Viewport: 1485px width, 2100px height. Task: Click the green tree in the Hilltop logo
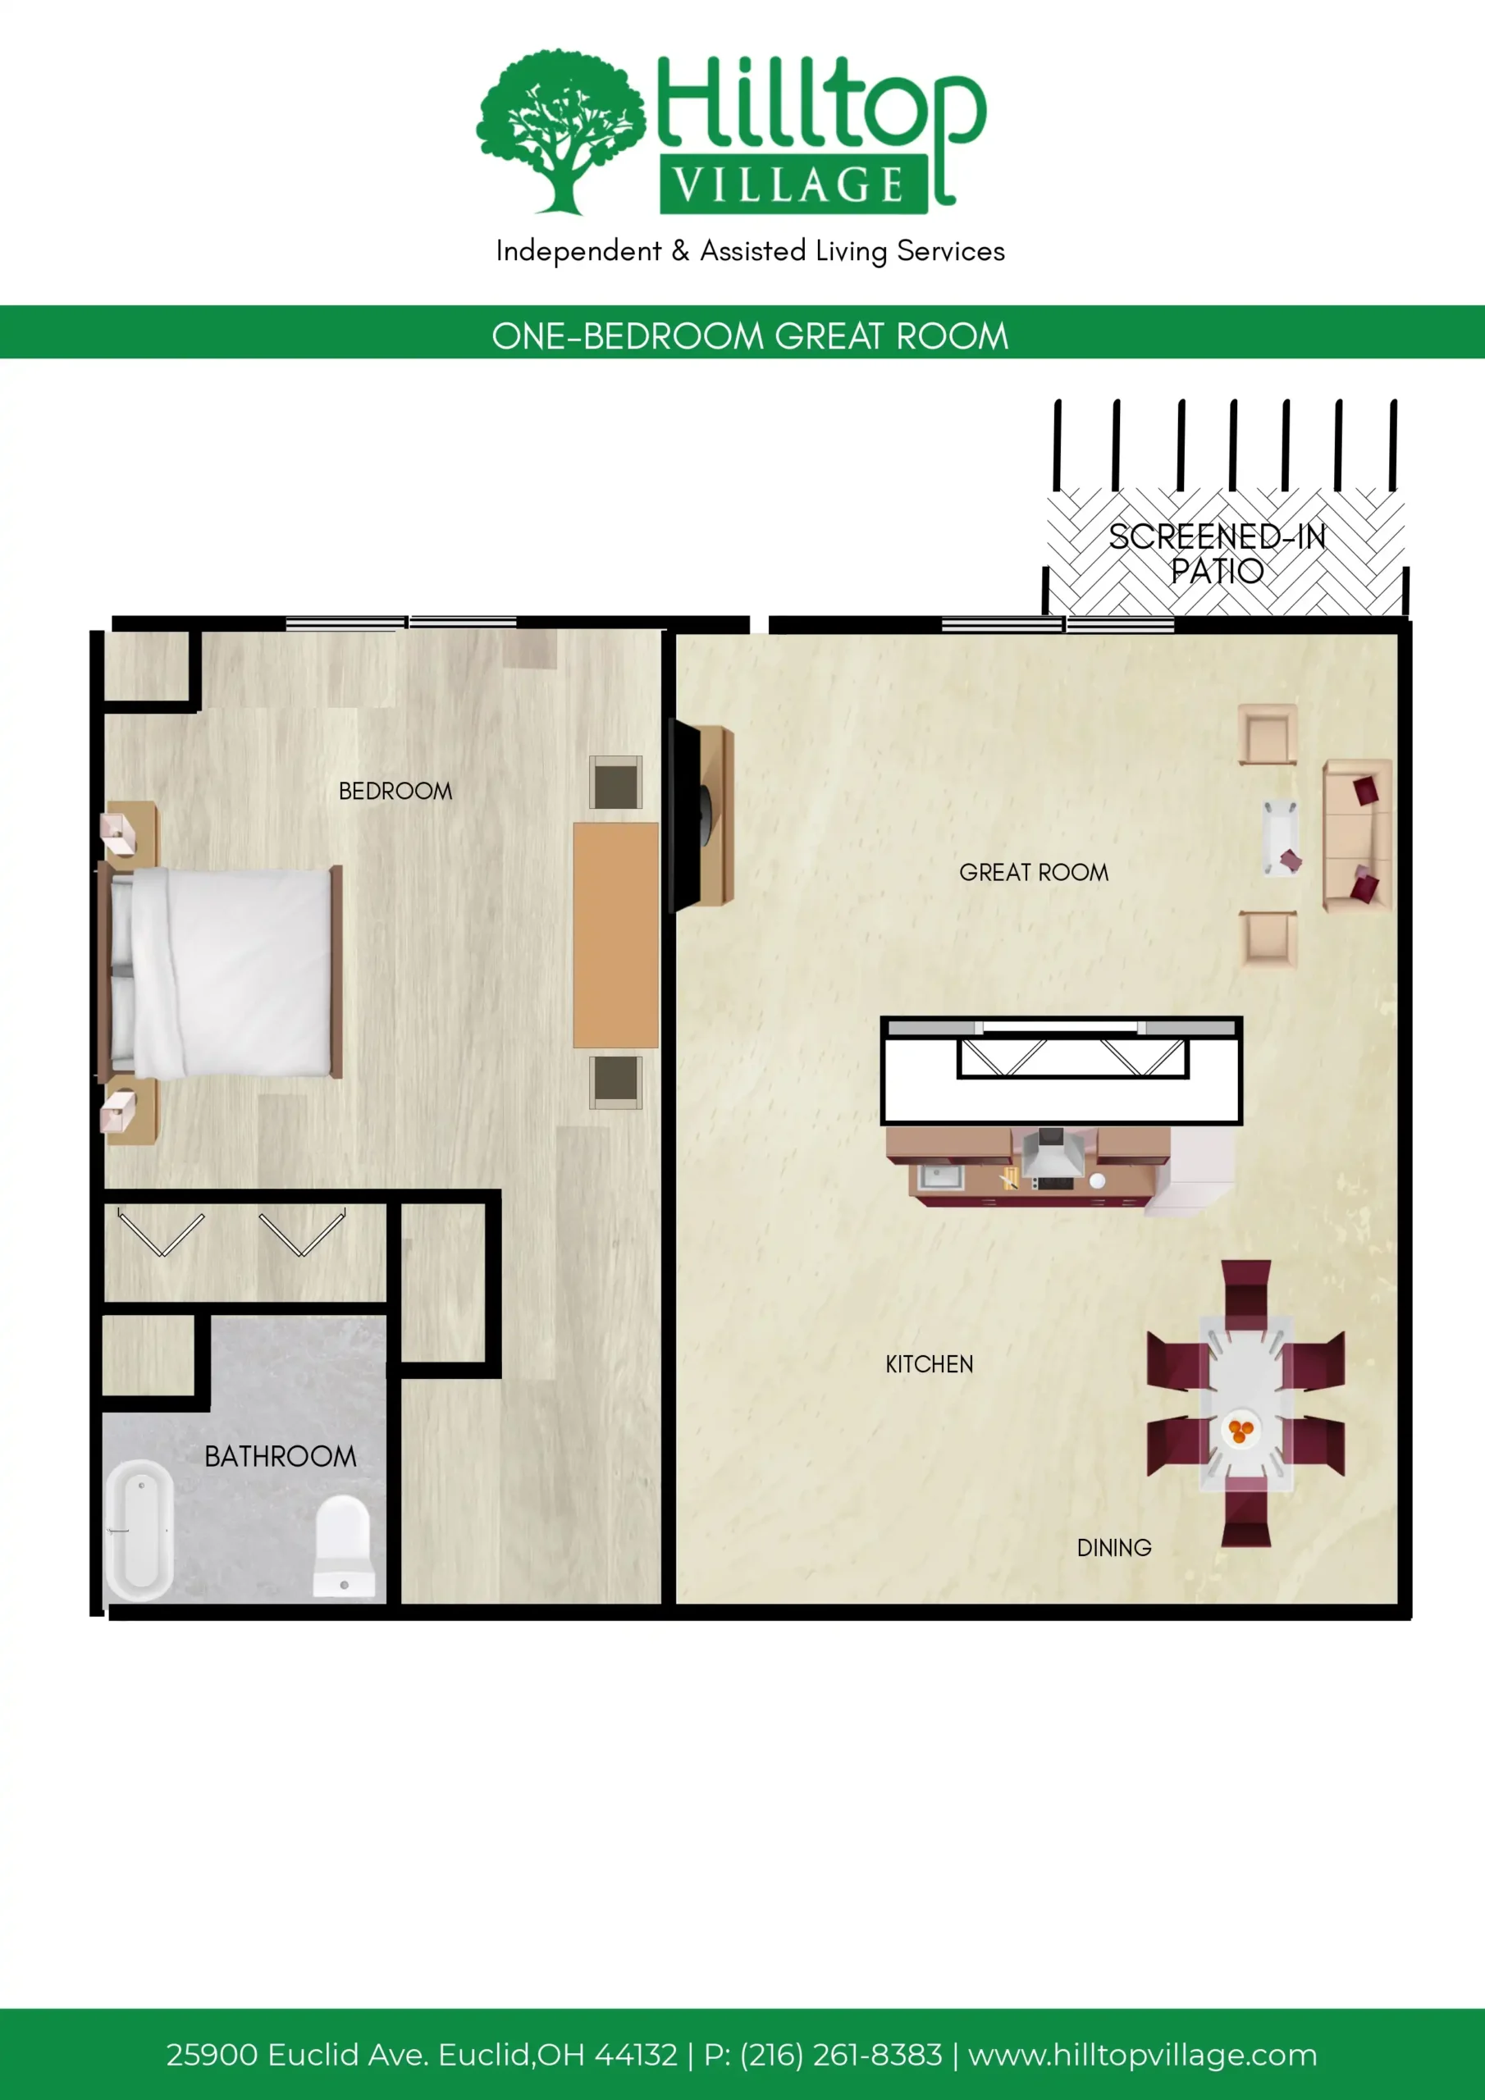(x=561, y=130)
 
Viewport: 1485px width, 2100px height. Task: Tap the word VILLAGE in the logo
(x=788, y=185)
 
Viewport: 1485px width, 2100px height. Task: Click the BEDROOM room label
(x=395, y=791)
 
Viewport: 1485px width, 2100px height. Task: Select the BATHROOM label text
(x=280, y=1456)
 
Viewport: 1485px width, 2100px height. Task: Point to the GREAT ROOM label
(x=1034, y=873)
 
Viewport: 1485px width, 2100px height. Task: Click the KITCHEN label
(x=930, y=1363)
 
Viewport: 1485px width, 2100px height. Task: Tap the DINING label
(x=1114, y=1548)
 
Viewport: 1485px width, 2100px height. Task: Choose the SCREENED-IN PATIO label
(x=1218, y=554)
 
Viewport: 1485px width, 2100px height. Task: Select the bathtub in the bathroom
(x=140, y=1530)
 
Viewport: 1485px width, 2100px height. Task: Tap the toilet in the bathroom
(x=344, y=1545)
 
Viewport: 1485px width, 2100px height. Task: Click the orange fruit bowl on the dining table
(x=1241, y=1430)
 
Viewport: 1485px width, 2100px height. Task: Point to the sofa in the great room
(x=1358, y=835)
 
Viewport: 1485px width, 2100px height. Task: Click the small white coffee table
(x=1281, y=838)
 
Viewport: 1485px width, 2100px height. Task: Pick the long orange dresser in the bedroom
(x=616, y=934)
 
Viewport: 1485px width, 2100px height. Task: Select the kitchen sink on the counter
(x=940, y=1176)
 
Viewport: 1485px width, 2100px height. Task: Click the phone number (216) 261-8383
(x=841, y=2054)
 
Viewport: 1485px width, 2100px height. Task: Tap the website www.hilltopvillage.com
(x=1143, y=2054)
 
